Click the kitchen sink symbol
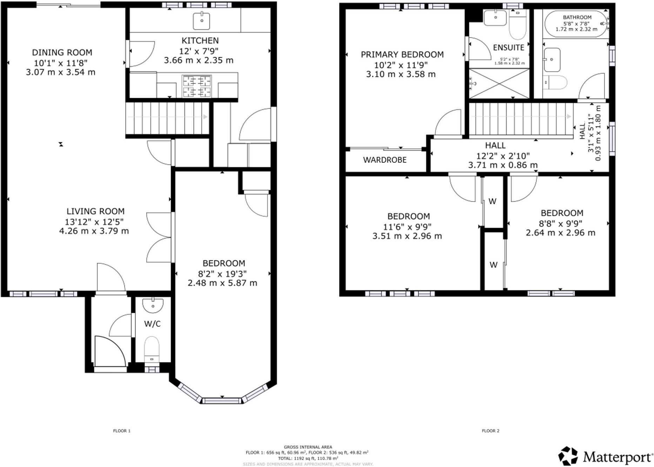point(201,21)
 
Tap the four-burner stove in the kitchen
point(196,86)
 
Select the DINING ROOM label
point(62,53)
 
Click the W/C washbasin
point(153,305)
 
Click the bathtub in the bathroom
point(576,24)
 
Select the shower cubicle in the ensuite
point(499,84)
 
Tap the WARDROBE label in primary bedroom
point(385,160)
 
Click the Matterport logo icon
point(568,456)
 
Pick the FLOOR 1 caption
point(122,431)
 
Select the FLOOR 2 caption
point(490,431)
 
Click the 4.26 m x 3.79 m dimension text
point(94,231)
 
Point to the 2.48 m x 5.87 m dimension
point(222,283)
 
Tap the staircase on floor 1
point(167,118)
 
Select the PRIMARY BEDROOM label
point(402,55)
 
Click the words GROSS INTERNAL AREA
point(308,447)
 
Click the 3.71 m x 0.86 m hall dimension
point(503,165)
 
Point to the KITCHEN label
point(200,41)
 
